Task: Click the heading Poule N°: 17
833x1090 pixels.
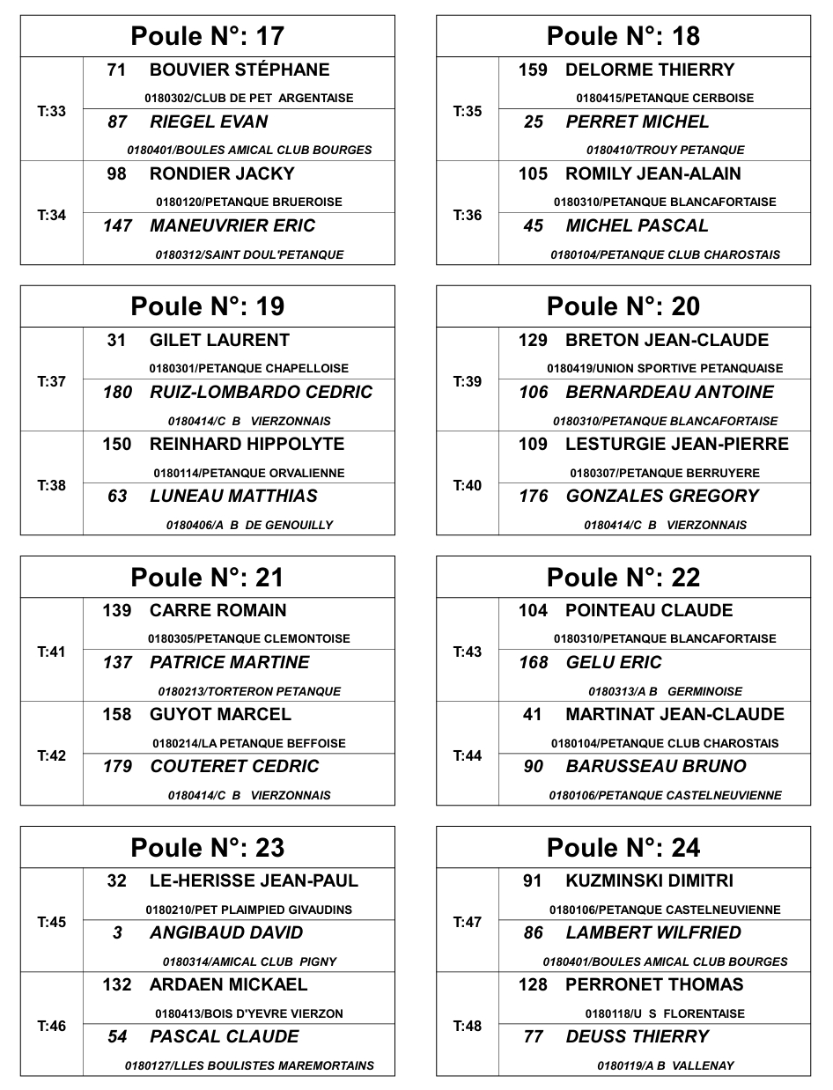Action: click(208, 36)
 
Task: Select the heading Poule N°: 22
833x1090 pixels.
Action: click(623, 577)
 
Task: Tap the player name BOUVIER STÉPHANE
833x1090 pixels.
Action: click(240, 70)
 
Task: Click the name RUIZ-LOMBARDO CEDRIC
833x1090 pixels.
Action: click(262, 392)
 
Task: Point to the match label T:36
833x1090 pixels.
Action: click(468, 215)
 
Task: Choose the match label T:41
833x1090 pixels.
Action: click(52, 652)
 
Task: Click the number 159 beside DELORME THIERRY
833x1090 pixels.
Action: click(533, 70)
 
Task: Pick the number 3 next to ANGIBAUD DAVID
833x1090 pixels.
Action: click(117, 932)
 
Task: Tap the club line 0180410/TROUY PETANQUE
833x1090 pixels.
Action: click(666, 150)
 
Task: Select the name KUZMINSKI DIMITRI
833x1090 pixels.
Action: click(649, 880)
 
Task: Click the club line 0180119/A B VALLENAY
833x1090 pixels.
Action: click(666, 1065)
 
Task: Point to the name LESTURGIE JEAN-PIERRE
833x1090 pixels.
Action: click(677, 444)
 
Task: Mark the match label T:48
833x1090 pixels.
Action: click(468, 1026)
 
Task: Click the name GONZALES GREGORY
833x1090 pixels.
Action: click(662, 496)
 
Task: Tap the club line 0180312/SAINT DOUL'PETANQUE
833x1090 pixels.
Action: click(250, 254)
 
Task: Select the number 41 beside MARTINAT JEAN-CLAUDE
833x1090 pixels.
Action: click(533, 714)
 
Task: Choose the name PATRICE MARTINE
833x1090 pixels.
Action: click(230, 662)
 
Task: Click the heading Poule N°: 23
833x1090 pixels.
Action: click(208, 847)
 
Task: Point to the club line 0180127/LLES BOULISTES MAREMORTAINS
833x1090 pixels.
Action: click(249, 1065)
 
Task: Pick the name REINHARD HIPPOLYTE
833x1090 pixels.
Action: click(247, 444)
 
